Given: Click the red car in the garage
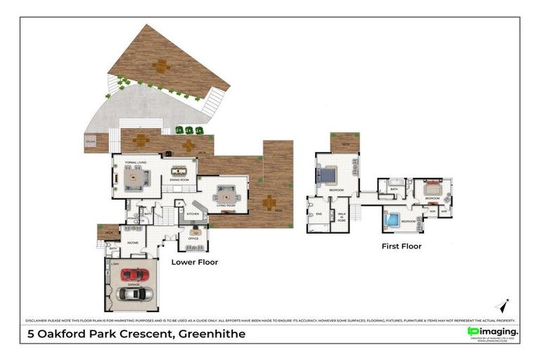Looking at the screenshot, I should click(133, 274).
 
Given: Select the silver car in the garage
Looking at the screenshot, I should click(134, 293).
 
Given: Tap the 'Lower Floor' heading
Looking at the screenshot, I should click(195, 262).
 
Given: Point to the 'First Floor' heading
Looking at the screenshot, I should click(401, 246).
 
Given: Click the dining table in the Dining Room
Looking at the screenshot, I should click(179, 170).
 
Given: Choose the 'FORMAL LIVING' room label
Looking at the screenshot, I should click(135, 162).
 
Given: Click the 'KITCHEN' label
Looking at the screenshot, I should click(193, 213).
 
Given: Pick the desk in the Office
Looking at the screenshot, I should click(195, 230).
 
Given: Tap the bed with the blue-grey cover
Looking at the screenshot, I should click(328, 174).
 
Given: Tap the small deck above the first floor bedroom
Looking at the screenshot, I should click(345, 142).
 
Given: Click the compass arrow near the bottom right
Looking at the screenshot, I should click(502, 305).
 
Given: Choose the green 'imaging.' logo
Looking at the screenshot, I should click(494, 331).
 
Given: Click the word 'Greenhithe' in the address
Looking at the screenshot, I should click(210, 334).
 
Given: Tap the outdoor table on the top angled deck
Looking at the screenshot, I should click(162, 66).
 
